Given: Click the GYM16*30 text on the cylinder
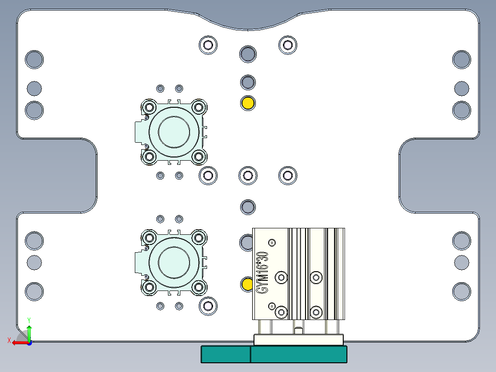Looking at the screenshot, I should pos(262,272).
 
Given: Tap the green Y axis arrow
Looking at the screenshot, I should pos(29,331).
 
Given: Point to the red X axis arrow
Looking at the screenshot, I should pos(18,343).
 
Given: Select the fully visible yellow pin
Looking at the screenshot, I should pos(248,103).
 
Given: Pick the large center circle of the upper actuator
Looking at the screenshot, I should pos(173,132).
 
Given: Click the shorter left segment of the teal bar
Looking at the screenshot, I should pos(225,355).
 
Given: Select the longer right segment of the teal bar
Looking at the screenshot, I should pos(298,355).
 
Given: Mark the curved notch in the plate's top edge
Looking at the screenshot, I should pos(248,21).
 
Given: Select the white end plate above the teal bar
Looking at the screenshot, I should pos(299,340).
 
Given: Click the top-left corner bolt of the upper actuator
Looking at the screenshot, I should pos(149,107).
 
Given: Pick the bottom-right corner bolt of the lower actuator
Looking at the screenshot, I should pos(198,287).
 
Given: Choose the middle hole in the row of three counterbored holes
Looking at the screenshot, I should pos(248,175).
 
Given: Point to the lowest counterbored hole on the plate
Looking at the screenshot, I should pos(208,305).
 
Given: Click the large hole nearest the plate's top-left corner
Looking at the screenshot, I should pos(34,59).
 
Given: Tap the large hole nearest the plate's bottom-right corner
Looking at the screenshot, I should pos(461,291).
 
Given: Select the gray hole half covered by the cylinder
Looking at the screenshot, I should pos(247,242).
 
